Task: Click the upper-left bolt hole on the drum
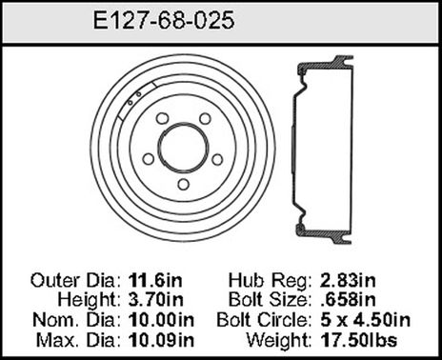[x=162, y=119]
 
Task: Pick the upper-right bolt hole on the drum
[x=202, y=119]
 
